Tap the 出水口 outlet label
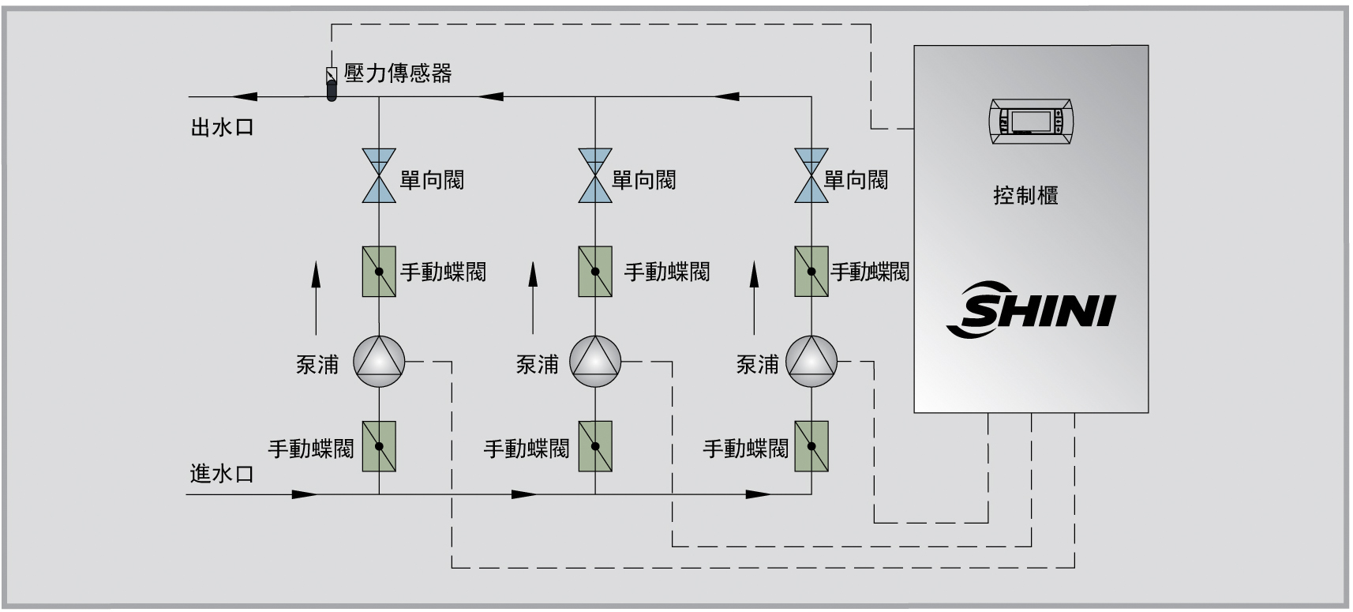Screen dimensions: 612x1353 point(223,128)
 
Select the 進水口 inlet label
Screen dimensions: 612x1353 point(223,474)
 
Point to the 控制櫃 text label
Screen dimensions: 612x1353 point(1025,195)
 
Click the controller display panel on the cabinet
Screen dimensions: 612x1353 point(1032,121)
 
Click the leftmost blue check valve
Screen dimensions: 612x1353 point(379,175)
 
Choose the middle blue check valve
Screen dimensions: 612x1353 point(595,175)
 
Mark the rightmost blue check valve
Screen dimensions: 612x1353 point(811,175)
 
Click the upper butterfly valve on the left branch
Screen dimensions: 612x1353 point(379,272)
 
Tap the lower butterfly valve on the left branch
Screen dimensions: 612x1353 point(379,446)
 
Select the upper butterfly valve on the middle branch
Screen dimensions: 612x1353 point(595,272)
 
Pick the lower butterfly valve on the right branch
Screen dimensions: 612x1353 point(811,446)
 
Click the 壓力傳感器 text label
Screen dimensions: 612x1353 point(398,73)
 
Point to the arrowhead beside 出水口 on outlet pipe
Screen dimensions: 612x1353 point(245,97)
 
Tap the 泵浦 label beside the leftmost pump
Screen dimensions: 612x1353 point(317,364)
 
